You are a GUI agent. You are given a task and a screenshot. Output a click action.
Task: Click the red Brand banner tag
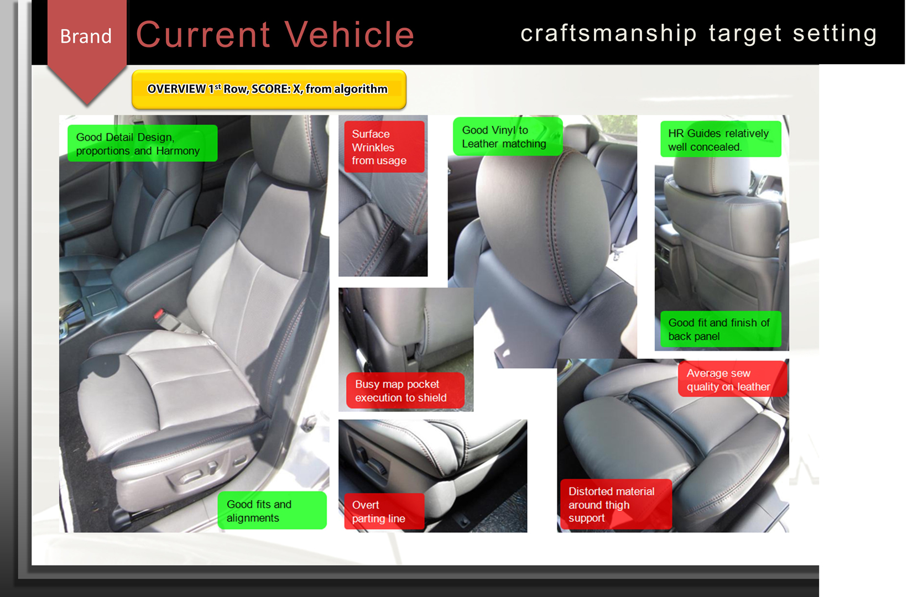tap(86, 41)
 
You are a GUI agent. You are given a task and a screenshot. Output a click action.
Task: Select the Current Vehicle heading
tap(275, 35)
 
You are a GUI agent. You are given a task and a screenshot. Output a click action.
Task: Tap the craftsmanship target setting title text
tap(698, 34)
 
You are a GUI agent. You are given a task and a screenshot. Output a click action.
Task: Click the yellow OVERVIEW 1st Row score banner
tap(269, 90)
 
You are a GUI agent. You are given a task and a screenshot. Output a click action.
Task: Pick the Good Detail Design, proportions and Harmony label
tap(142, 143)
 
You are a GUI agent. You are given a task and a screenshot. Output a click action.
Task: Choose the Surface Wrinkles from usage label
tap(384, 146)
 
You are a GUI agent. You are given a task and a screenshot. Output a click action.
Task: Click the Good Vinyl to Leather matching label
tap(508, 137)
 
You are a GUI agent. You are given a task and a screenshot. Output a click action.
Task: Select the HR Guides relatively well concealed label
tap(721, 139)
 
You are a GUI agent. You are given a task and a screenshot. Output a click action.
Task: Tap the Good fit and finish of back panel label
tap(721, 329)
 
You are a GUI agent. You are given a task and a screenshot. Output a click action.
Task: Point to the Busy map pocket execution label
tap(405, 391)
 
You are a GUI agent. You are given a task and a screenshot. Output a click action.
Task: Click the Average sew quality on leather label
tap(732, 379)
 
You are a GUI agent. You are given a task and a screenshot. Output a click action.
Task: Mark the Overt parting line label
tap(384, 511)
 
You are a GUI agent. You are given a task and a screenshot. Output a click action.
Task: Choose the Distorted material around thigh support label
tap(616, 504)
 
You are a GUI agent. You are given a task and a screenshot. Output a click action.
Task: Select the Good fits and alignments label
tap(272, 510)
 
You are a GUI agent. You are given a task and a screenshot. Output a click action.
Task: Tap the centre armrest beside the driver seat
tap(153, 264)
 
